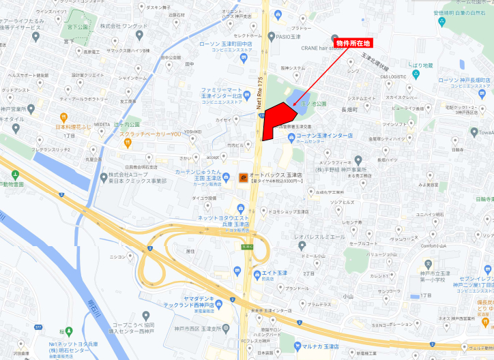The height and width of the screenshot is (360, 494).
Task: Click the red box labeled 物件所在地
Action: pos(353,44)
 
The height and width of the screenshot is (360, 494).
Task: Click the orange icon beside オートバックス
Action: pos(243,178)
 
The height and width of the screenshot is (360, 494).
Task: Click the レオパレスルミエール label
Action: pos(319,236)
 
